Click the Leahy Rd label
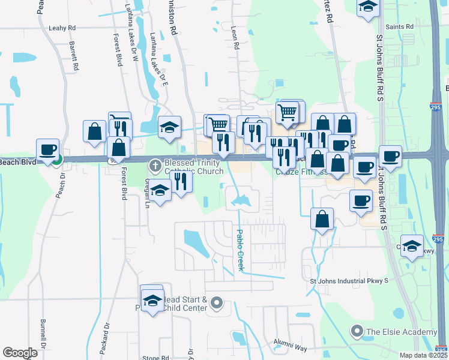pos(62,28)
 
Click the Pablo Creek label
pos(240,250)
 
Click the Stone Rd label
pos(155,358)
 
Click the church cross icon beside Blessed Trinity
pos(155,164)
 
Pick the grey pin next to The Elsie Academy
pos(358,331)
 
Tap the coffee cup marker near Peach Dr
pos(47,150)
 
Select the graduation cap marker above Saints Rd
pos(367,7)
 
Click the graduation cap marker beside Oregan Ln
pos(160,190)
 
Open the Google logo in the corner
pos(20,353)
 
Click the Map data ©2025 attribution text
pos(423,355)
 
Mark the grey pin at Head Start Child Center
pos(217,304)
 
